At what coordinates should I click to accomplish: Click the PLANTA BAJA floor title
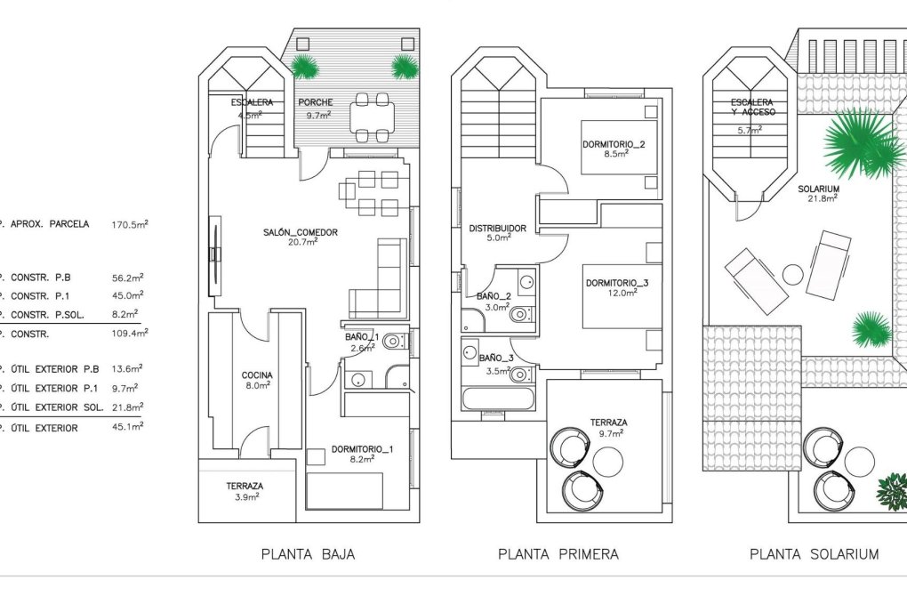pyautogui.click(x=308, y=554)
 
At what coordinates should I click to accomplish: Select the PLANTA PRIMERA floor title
pyautogui.click(x=558, y=554)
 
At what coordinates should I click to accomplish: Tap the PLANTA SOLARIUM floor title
pyautogui.click(x=814, y=554)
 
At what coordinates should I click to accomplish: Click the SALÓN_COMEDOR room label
pyautogui.click(x=301, y=233)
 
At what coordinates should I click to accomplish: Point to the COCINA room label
pyautogui.click(x=257, y=375)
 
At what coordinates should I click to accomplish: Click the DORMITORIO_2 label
pyautogui.click(x=614, y=144)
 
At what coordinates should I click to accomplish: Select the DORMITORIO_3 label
pyautogui.click(x=617, y=283)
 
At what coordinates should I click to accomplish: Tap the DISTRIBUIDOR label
pyautogui.click(x=497, y=229)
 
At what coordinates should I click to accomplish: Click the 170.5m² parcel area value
pyautogui.click(x=130, y=224)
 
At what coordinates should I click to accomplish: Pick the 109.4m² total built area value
pyautogui.click(x=130, y=334)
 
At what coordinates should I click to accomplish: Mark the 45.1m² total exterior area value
pyautogui.click(x=130, y=428)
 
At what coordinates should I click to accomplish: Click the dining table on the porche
pyautogui.click(x=373, y=117)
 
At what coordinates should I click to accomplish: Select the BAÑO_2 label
pyautogui.click(x=494, y=296)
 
